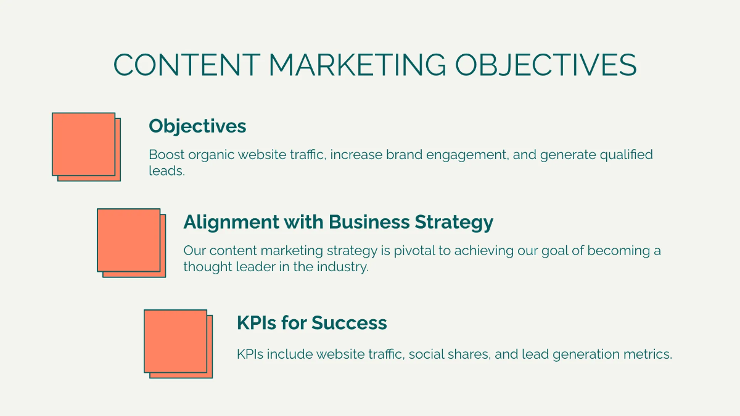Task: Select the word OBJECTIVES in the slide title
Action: pos(546,65)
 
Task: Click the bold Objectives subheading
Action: pos(197,126)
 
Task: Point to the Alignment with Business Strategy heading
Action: pos(338,222)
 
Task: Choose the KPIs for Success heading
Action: pos(311,323)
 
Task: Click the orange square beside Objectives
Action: pos(84,144)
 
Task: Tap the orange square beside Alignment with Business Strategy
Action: pos(129,240)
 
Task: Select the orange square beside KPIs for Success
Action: pos(176,341)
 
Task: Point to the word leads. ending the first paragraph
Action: pos(166,171)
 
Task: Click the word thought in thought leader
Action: pos(205,267)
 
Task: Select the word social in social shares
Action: pos(425,354)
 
